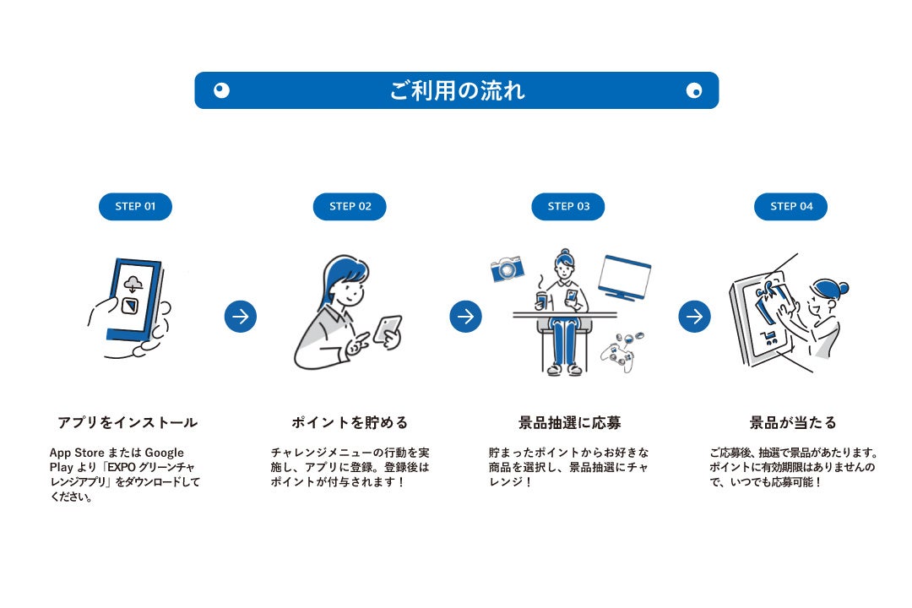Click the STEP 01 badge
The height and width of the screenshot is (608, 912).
tap(135, 207)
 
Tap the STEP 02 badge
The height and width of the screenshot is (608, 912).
tap(350, 207)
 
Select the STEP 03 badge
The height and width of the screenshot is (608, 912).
tap(567, 207)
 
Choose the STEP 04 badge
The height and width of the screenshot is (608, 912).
tap(790, 207)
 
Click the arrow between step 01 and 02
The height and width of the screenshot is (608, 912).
tap(241, 317)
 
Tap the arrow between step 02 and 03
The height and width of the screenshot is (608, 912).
tap(465, 317)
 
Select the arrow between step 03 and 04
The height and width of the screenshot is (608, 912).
tap(694, 317)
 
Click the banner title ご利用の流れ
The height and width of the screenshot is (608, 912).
tap(457, 90)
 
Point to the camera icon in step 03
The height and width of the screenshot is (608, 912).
tap(508, 269)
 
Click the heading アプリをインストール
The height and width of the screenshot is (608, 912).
tap(128, 422)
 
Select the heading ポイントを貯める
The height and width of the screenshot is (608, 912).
tap(350, 422)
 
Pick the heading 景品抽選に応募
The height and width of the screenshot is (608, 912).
tap(569, 422)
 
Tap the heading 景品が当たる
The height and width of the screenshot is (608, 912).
tap(793, 422)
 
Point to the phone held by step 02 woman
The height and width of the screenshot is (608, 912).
tap(388, 328)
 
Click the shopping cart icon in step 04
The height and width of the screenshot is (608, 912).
tap(768, 340)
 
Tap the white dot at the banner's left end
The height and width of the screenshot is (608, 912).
tap(221, 90)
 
